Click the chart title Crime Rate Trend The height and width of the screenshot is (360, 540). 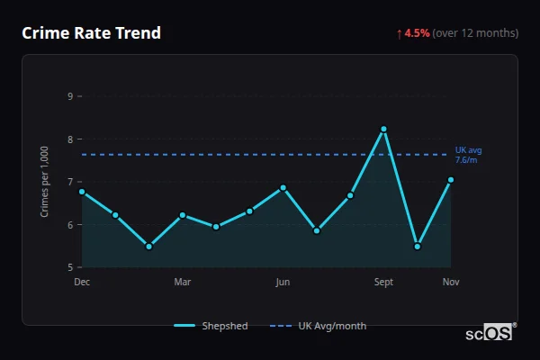[x=92, y=33]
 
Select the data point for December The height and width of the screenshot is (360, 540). [x=82, y=192]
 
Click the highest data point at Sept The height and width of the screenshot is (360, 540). [x=383, y=129]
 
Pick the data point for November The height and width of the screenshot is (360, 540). [x=451, y=180]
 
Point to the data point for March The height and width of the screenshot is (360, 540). [x=183, y=215]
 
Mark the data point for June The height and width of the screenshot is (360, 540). [x=283, y=187]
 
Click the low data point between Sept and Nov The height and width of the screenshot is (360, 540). [x=418, y=246]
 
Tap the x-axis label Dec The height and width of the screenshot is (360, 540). [x=82, y=283]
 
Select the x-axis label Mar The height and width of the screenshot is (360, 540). [x=183, y=283]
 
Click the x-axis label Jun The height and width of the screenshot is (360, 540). [x=283, y=283]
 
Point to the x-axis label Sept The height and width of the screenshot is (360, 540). [x=383, y=283]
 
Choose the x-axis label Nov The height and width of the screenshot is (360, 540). [x=451, y=283]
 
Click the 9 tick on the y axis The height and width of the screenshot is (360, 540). [x=70, y=96]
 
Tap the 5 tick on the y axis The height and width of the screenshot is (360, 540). [x=70, y=267]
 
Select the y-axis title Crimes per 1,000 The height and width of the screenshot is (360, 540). [x=45, y=182]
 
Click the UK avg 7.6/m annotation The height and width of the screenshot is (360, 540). [x=468, y=155]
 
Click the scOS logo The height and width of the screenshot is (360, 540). [x=490, y=333]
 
